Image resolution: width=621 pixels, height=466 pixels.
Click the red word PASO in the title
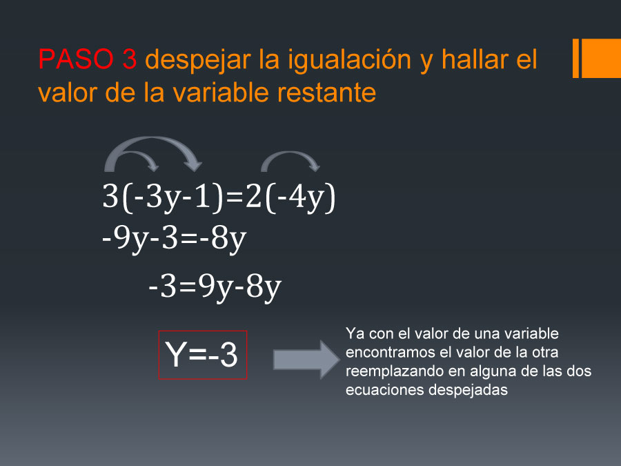tap(76, 59)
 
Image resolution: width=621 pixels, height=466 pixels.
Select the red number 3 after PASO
tap(130, 59)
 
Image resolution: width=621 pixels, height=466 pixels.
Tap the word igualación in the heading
tap(349, 61)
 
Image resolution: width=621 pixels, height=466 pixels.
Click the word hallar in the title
tap(473, 59)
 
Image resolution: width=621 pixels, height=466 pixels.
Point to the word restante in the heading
tap(326, 93)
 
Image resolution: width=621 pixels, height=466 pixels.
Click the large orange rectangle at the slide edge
tap(601, 58)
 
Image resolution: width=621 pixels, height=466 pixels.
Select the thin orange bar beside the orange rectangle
tap(576, 58)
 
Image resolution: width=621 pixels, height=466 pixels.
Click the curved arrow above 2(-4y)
tap(290, 153)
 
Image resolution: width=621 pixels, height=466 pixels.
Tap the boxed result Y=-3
tap(202, 355)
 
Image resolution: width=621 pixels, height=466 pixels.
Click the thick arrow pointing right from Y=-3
tap(306, 360)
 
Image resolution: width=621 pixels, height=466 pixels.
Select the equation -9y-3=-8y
tap(175, 240)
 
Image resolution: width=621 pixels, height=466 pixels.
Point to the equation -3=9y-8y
tap(215, 287)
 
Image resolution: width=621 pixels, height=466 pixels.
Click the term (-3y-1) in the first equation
tap(172, 197)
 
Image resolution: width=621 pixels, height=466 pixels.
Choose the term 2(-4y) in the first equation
tap(290, 197)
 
